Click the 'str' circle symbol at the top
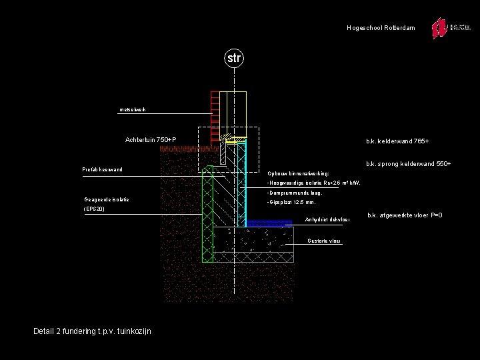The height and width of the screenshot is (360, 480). click(x=233, y=58)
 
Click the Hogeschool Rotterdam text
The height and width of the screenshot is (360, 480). click(x=381, y=28)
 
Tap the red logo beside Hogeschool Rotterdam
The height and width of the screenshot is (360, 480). click(x=439, y=29)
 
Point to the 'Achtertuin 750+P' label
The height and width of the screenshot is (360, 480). click(x=151, y=139)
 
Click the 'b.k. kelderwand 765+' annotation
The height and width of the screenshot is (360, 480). click(x=397, y=141)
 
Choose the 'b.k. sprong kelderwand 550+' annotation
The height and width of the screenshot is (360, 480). click(x=408, y=164)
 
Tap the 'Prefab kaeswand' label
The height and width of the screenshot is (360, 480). click(x=102, y=170)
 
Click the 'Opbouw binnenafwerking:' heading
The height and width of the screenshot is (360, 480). click(x=298, y=173)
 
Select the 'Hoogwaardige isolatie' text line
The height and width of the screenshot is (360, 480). click(x=313, y=183)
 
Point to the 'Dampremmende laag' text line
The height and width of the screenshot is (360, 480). click(x=294, y=193)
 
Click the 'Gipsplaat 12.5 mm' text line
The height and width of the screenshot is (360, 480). click(x=291, y=202)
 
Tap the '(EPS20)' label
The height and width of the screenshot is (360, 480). click(x=94, y=209)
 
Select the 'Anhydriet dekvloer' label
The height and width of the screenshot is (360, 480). click(x=327, y=220)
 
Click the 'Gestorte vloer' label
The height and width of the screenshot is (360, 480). click(x=325, y=240)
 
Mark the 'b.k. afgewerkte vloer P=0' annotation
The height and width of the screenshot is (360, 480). click(x=405, y=215)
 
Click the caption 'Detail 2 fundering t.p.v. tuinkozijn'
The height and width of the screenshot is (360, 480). click(x=92, y=331)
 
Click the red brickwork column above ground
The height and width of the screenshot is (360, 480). click(x=215, y=113)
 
